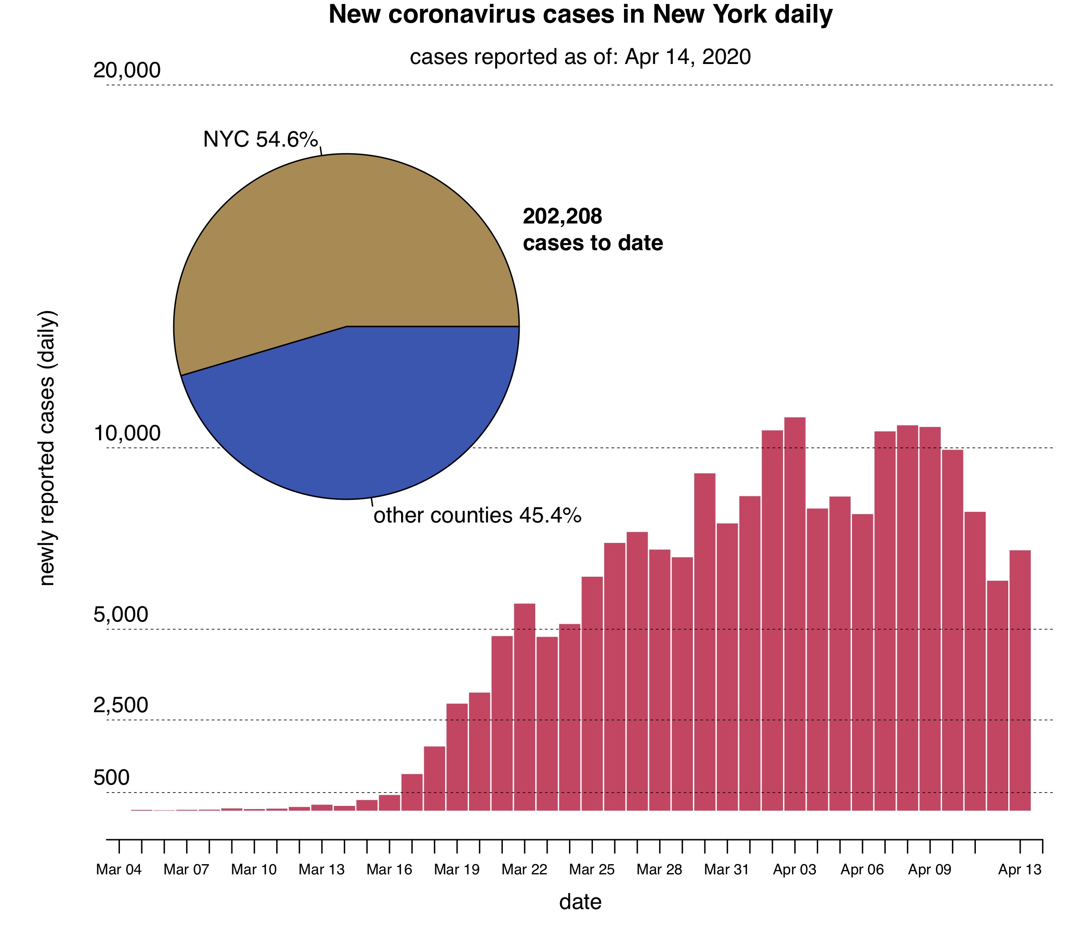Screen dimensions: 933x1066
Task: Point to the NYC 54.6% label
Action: [x=260, y=140]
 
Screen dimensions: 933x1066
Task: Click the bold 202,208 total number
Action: [x=562, y=217]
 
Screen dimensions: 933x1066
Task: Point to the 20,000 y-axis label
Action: [x=127, y=71]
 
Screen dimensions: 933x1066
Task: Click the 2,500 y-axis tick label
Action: [x=121, y=706]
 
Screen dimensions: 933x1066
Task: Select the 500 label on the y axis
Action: [x=111, y=777]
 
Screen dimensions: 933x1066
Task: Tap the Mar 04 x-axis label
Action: [x=119, y=869]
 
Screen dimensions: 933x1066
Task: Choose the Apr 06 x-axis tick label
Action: [x=862, y=869]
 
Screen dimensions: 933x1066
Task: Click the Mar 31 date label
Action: [x=727, y=869]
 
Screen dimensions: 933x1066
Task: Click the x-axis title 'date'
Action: [x=581, y=902]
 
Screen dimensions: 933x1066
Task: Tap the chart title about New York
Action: [x=581, y=15]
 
